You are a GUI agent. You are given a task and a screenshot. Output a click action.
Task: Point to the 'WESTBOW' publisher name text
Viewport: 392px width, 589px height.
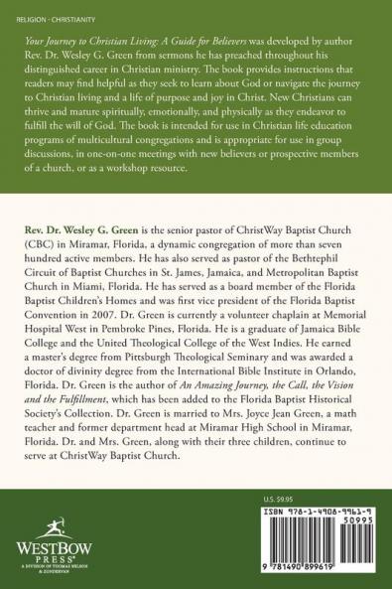pos(39,546)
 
